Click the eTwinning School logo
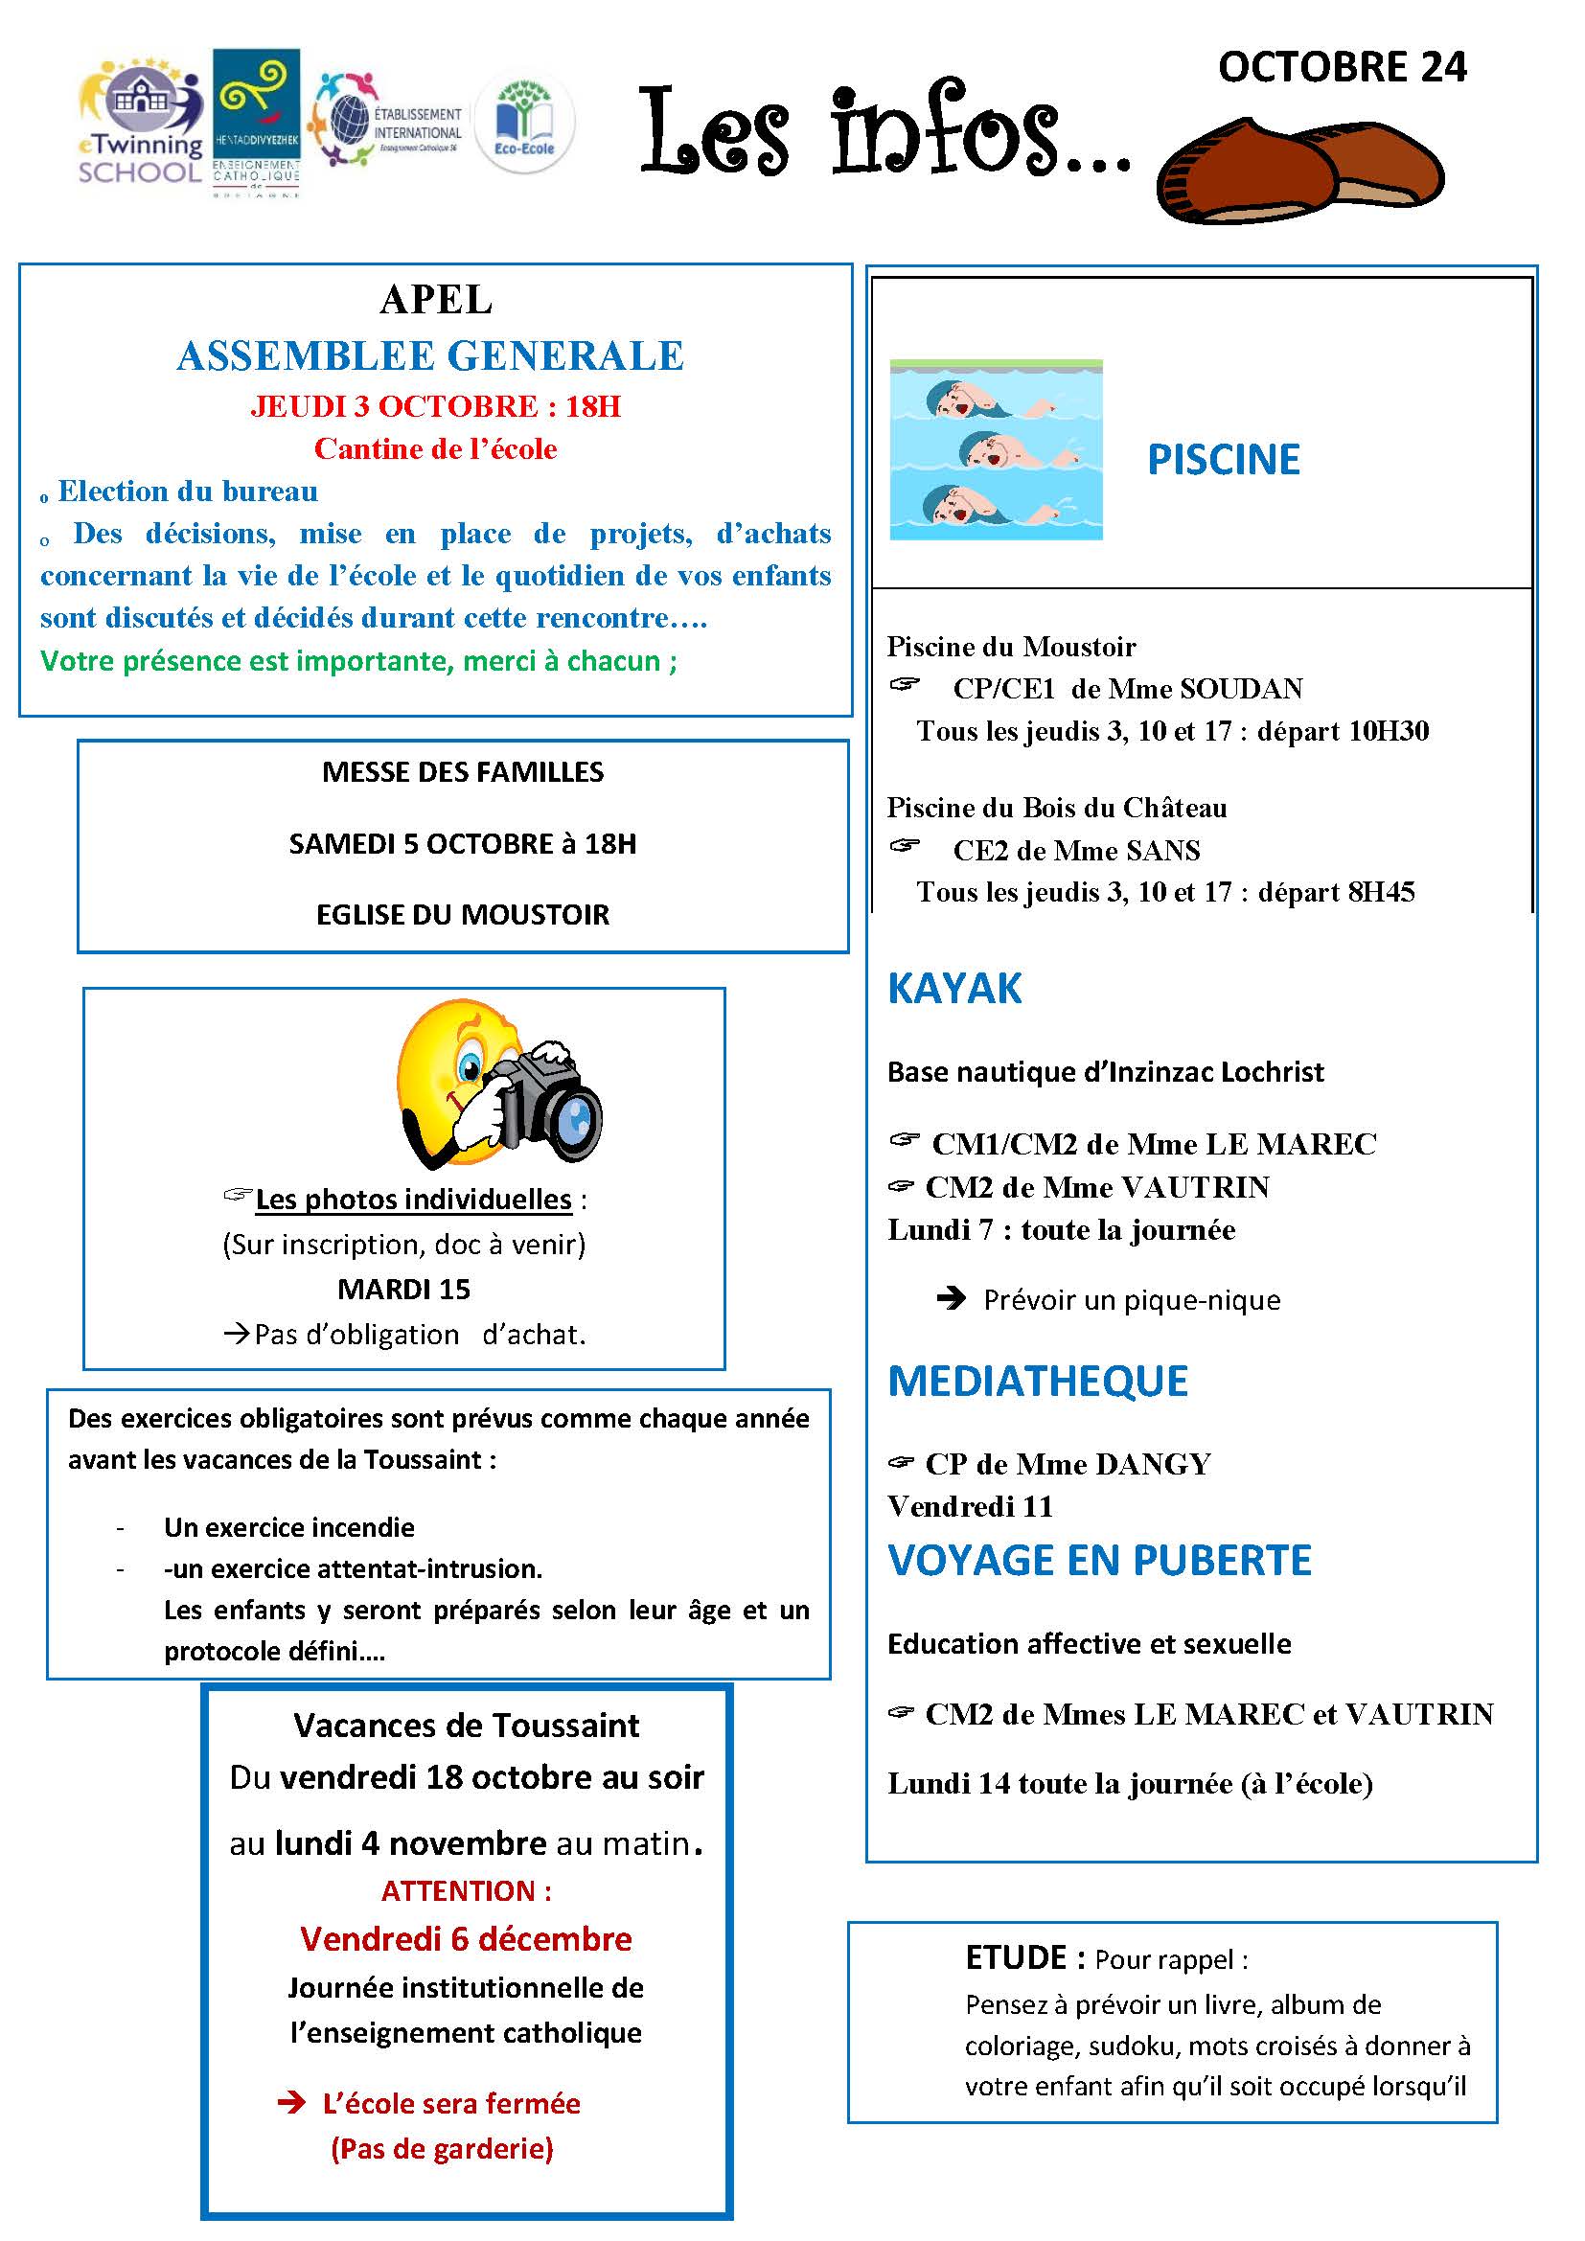coord(140,123)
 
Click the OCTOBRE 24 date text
coord(1342,67)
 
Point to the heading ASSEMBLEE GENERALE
coord(430,356)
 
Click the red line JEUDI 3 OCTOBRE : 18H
coord(435,406)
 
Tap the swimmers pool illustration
coord(996,450)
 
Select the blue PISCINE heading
coord(1223,460)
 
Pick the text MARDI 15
coord(403,1290)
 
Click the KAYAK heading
coord(953,989)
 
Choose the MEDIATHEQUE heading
coord(1038,1382)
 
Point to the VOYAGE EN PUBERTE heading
coord(1099,1561)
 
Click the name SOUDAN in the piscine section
coord(1240,689)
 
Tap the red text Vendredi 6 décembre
coord(466,1938)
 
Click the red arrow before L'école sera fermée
coord(291,2103)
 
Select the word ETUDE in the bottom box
coord(1015,1958)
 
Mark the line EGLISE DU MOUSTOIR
coord(463,915)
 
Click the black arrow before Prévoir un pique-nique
coord(950,1299)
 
